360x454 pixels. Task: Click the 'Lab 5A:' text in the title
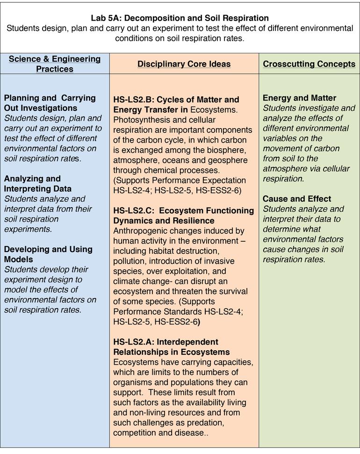click(x=107, y=18)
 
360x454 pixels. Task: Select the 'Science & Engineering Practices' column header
click(x=55, y=64)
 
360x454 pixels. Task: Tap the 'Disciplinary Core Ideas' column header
click(x=184, y=64)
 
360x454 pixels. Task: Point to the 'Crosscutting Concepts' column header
click(x=309, y=64)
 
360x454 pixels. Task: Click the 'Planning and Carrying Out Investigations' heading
click(x=50, y=103)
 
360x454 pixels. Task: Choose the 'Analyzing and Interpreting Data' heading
click(x=38, y=183)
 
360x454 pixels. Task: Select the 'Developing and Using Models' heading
click(x=48, y=254)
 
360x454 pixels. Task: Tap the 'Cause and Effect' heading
click(x=297, y=199)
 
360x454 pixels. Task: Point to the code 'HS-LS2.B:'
click(x=134, y=100)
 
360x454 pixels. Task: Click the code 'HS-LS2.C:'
click(x=134, y=211)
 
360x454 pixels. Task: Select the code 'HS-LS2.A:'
click(x=134, y=342)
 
